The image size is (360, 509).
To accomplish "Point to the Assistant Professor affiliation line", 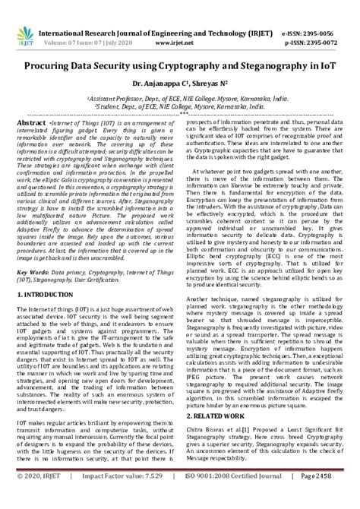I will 179,78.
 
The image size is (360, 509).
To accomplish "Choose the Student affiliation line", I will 179,87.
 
